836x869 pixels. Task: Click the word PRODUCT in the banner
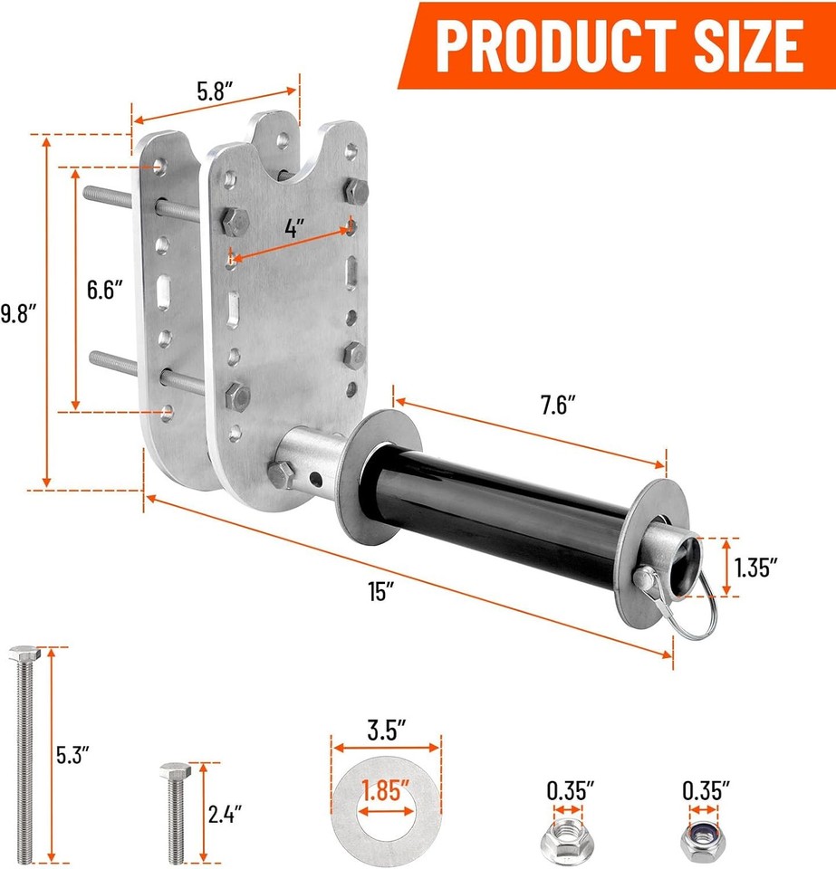click(x=546, y=43)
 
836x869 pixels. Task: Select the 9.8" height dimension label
click(x=17, y=314)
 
